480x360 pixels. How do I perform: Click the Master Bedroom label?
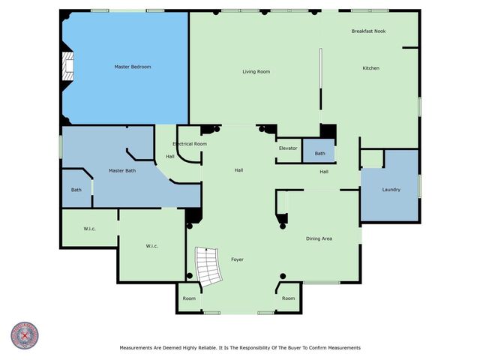[133, 67]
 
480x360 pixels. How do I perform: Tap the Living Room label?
[256, 72]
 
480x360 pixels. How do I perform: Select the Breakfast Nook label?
[367, 31]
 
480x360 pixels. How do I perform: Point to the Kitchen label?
[371, 68]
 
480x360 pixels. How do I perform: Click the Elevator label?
[288, 148]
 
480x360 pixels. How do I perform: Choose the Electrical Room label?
[190, 143]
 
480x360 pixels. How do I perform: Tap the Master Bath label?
[121, 171]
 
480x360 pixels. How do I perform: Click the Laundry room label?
[391, 190]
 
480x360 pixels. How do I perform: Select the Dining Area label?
[319, 238]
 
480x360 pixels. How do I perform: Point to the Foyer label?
[237, 259]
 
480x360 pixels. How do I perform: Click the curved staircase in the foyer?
[206, 267]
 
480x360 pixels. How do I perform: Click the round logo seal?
[25, 336]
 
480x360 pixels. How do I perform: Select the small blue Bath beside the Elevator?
[319, 154]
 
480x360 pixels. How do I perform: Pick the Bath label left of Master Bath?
[76, 190]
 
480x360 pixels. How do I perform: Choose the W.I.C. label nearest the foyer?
[151, 246]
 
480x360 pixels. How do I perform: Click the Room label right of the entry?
[289, 298]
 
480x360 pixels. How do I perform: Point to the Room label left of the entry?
[189, 298]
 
